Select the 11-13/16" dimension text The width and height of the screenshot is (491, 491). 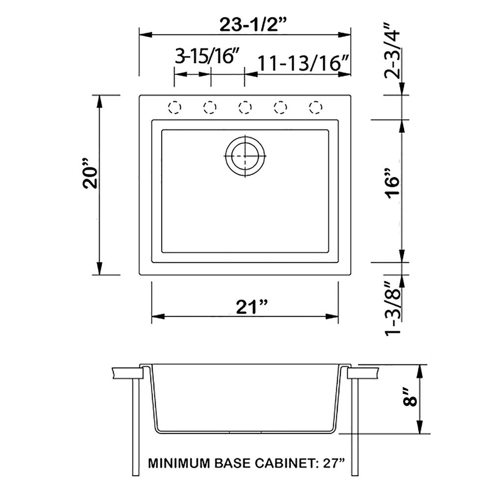[303, 62]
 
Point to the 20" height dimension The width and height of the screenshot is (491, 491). [92, 178]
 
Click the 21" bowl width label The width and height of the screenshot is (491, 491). [252, 307]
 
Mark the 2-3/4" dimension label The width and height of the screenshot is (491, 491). [394, 51]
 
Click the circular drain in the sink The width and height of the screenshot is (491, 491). [245, 155]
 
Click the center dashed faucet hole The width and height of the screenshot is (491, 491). [245, 107]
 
